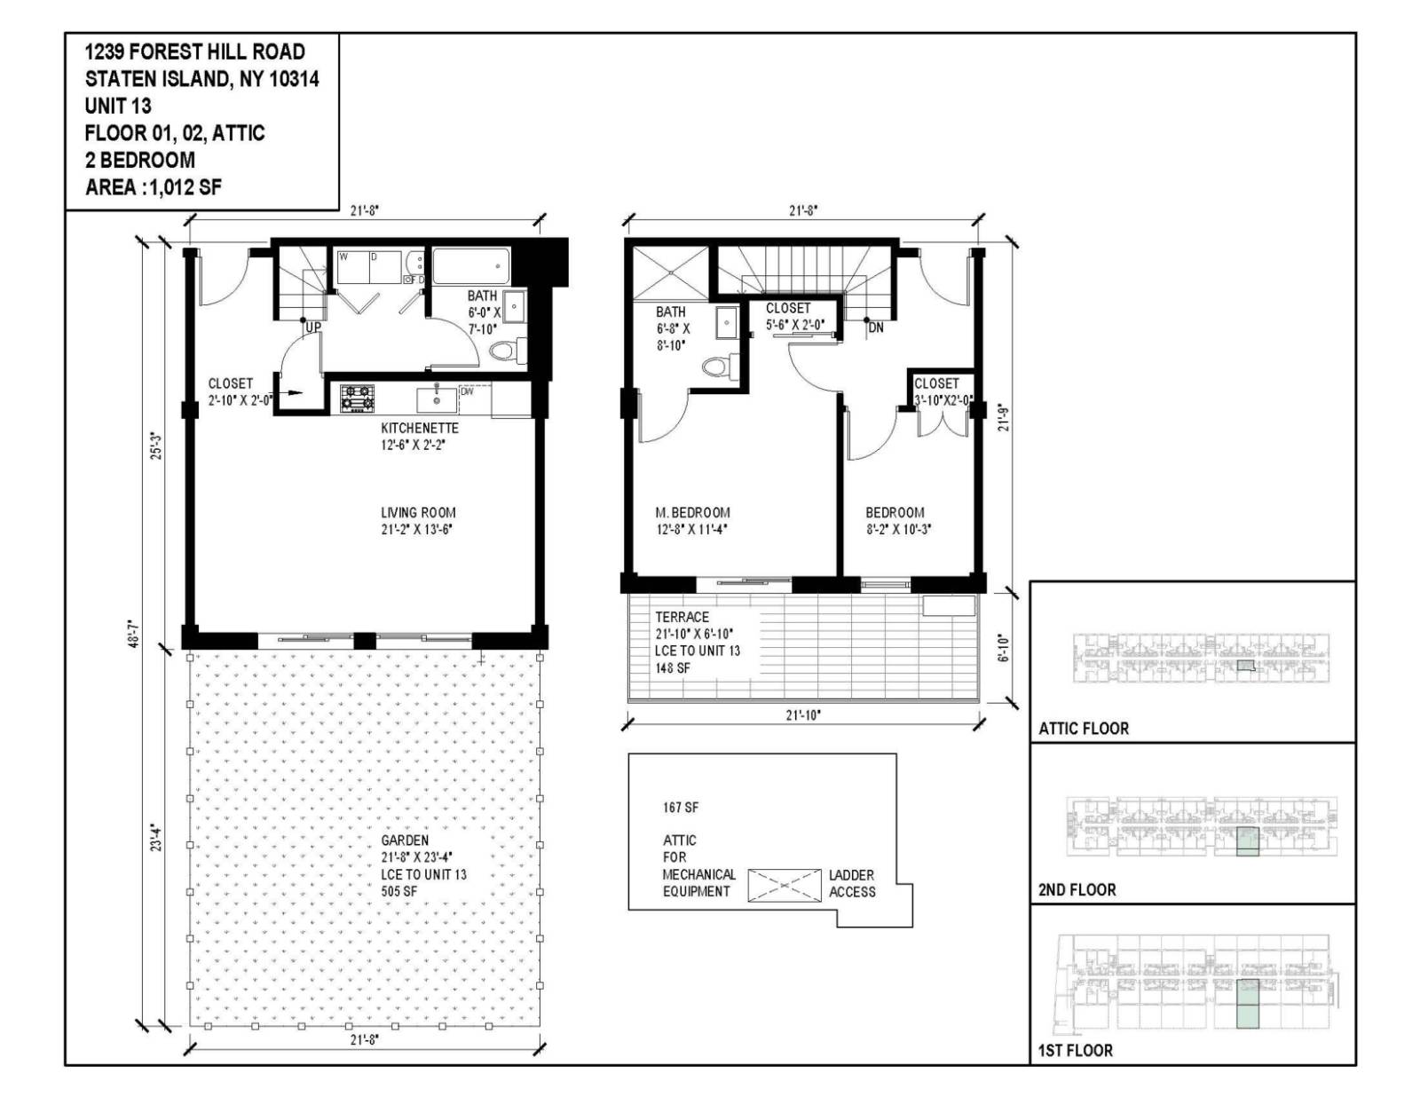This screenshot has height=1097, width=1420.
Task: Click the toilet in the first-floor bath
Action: (x=503, y=351)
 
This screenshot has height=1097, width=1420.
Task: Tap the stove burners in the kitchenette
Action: (x=358, y=397)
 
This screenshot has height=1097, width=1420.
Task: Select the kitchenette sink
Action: (x=437, y=399)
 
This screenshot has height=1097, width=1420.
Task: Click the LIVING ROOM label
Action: (x=418, y=512)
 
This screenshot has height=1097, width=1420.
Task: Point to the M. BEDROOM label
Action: (x=692, y=512)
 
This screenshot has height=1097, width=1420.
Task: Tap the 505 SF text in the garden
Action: (x=399, y=891)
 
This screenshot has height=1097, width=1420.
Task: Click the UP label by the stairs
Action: (x=313, y=328)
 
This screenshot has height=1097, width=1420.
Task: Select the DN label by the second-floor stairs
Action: (x=876, y=328)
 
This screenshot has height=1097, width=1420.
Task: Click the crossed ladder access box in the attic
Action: (x=785, y=885)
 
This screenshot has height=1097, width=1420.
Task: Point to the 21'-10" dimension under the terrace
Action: (x=803, y=714)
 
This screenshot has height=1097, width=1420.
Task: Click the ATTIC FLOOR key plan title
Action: (x=1084, y=729)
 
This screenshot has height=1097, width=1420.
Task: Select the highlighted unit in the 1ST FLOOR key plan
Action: (x=1247, y=1004)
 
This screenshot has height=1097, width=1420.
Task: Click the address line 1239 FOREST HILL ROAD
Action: (x=194, y=51)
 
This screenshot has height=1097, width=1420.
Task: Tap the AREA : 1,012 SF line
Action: (x=153, y=187)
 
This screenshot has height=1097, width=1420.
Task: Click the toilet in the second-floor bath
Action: (x=715, y=366)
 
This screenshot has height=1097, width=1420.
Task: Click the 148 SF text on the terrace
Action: (x=673, y=667)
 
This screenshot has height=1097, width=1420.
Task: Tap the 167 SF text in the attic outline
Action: (x=680, y=808)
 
